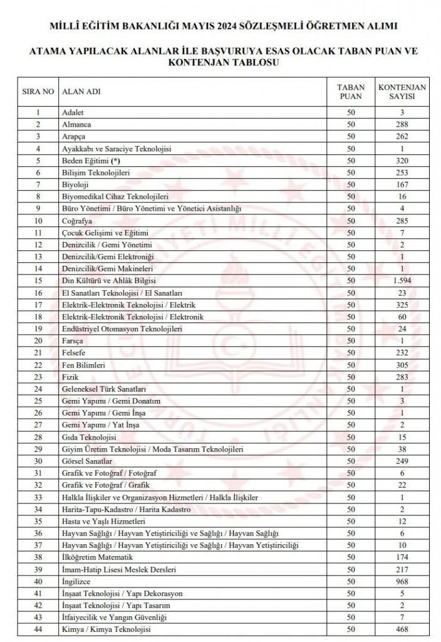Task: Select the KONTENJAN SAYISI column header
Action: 402,92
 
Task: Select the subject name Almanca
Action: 76,124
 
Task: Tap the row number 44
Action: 38,629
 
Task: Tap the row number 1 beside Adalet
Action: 38,112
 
